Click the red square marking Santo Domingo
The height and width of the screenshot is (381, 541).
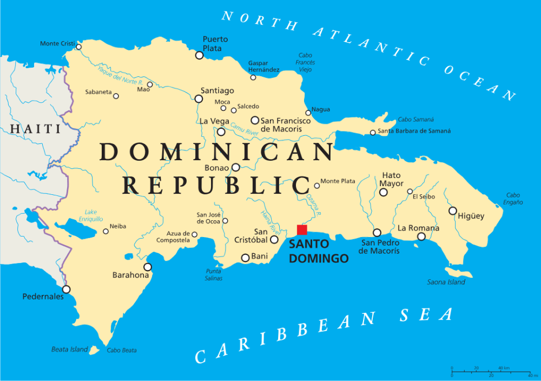(302, 229)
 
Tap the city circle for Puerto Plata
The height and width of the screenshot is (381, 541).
(200, 55)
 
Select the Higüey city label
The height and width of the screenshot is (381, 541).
(471, 216)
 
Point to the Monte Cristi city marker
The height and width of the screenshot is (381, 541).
(78, 47)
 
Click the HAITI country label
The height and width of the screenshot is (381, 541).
(35, 129)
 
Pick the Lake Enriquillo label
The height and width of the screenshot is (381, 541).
(90, 215)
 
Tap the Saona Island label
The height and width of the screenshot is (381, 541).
(446, 282)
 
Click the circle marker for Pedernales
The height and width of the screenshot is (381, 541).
(66, 290)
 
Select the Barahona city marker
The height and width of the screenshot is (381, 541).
(147, 267)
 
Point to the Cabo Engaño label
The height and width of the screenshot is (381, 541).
(513, 199)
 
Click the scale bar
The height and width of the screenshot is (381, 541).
(490, 372)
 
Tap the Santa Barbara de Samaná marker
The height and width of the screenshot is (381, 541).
(372, 133)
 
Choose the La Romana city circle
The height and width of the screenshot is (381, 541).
(421, 237)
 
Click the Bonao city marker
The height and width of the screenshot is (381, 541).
(236, 168)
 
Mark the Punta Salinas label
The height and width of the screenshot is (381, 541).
(214, 274)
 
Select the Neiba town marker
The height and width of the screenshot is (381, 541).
(106, 232)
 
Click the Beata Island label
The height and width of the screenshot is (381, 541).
(69, 350)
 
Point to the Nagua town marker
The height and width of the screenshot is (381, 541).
(308, 113)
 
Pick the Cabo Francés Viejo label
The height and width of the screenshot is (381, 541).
(306, 62)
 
